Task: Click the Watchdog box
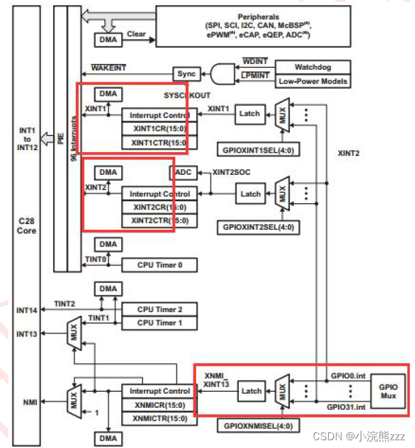[x=313, y=67]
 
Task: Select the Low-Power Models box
[x=313, y=81]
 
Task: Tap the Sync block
[x=185, y=73]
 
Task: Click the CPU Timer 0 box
[x=159, y=265]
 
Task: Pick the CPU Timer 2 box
[x=159, y=309]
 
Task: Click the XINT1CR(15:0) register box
[x=159, y=128]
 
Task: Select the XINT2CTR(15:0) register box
[x=159, y=220]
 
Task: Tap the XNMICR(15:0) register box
[x=159, y=405]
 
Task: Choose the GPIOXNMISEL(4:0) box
[x=249, y=427]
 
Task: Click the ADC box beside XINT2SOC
[x=181, y=173]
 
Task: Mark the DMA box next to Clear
[x=107, y=39]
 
